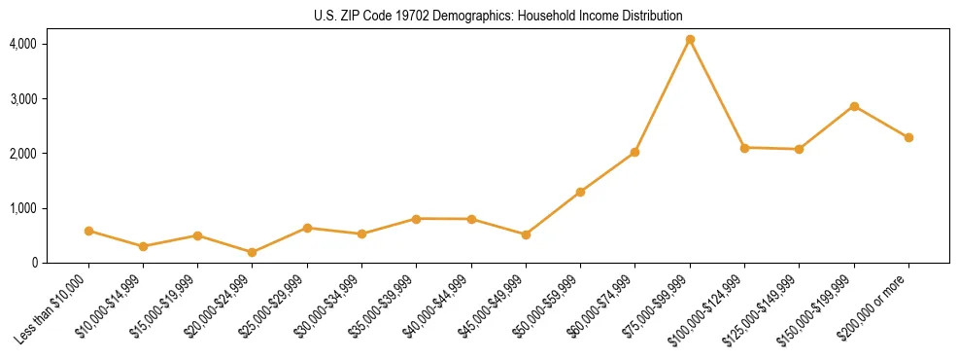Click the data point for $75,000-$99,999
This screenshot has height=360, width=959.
point(690,40)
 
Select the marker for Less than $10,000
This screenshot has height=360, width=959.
point(88,231)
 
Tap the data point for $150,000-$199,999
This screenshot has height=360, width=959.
point(854,106)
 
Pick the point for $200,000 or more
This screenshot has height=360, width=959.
point(908,137)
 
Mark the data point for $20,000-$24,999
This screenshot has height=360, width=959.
point(253,252)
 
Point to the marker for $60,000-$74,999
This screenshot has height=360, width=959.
point(634,152)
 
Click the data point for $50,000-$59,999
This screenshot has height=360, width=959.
point(580,192)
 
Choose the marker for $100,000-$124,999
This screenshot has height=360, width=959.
point(744,148)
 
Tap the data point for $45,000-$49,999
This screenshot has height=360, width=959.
point(526,234)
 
